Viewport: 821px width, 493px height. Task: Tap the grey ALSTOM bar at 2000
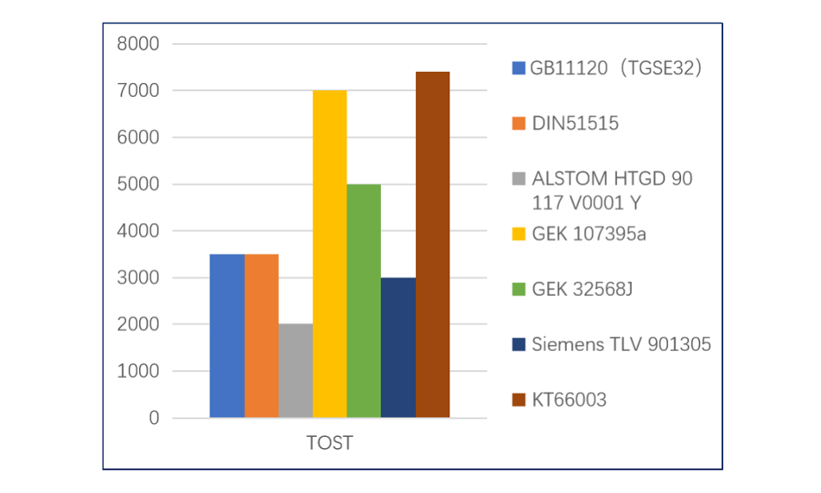coord(296,371)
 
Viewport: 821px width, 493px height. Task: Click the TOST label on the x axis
coord(329,444)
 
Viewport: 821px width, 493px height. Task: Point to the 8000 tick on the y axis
coord(142,43)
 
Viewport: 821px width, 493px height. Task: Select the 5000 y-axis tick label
coord(142,184)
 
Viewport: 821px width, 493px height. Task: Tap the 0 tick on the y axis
coord(154,419)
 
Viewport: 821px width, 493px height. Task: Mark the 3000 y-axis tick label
coord(142,278)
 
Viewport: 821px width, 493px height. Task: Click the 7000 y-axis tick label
coord(142,90)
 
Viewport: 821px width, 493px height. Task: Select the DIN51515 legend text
coord(575,123)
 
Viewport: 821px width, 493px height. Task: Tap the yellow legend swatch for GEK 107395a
coord(519,234)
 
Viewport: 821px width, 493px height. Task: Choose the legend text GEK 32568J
coord(582,289)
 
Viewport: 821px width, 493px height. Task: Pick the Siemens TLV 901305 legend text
coord(621,344)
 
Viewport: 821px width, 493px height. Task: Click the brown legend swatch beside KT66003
coord(519,400)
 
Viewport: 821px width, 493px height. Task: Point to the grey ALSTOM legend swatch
coord(519,179)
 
